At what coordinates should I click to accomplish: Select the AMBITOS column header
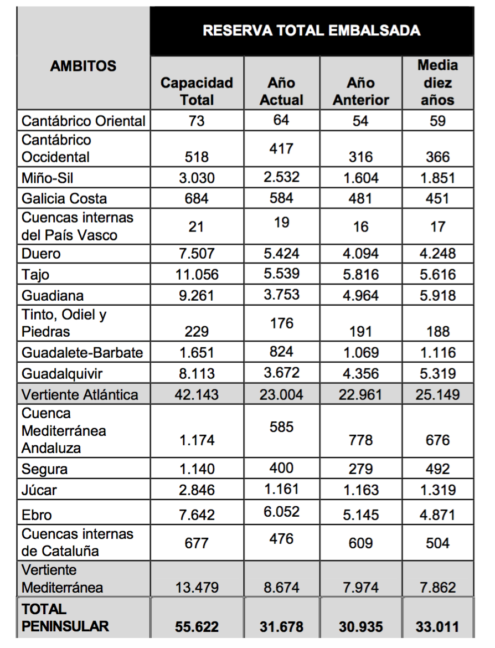(x=83, y=66)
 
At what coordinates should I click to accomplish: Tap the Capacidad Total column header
(x=197, y=91)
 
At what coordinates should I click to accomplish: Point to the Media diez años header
(x=437, y=83)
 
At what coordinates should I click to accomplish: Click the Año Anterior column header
(x=360, y=91)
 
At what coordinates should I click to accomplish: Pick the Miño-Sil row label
(x=48, y=178)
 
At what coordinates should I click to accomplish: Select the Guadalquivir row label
(x=62, y=373)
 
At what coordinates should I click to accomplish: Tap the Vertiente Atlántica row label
(x=80, y=394)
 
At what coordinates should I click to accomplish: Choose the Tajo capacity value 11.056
(x=197, y=275)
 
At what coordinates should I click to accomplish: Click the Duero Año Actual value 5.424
(x=281, y=253)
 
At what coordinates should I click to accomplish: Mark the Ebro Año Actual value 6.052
(x=281, y=512)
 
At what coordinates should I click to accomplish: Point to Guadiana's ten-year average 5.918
(x=437, y=296)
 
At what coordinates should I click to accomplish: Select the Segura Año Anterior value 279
(x=360, y=469)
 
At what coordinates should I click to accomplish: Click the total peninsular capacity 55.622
(x=197, y=627)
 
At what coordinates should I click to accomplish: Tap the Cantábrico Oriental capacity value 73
(x=197, y=121)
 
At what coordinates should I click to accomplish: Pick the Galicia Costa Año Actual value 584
(x=281, y=198)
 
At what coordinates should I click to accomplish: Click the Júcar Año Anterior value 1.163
(x=360, y=490)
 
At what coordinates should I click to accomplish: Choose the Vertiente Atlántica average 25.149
(x=437, y=394)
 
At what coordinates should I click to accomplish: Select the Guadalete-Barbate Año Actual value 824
(x=281, y=352)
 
